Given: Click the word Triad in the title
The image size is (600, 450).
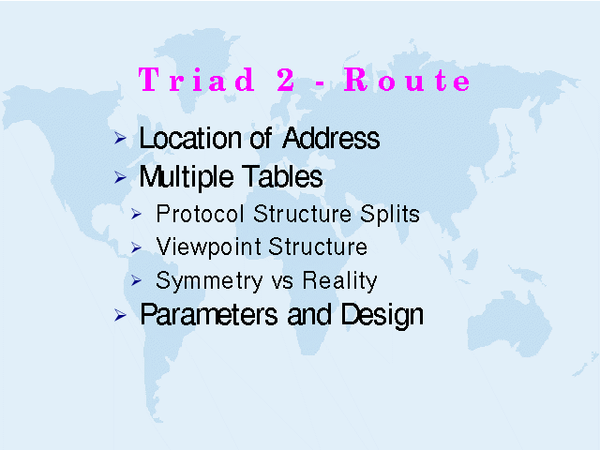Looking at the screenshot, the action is (x=197, y=79).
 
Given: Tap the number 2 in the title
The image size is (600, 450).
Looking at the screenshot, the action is (x=286, y=79).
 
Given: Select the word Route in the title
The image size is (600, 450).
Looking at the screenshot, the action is (x=407, y=79).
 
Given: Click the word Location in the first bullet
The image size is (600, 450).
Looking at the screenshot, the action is (x=190, y=138).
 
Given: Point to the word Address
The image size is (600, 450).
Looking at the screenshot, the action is (x=331, y=138).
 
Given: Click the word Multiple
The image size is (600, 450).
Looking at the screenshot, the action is (x=187, y=177).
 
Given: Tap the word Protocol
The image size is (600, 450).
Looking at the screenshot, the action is (x=200, y=214).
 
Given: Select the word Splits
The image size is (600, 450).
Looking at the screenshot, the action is (x=390, y=215).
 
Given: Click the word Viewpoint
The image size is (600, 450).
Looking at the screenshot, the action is (x=208, y=247).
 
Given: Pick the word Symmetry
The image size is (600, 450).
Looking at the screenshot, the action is (x=209, y=281).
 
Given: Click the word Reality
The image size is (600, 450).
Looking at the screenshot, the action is (x=339, y=281).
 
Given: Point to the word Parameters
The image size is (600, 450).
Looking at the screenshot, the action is (x=209, y=315).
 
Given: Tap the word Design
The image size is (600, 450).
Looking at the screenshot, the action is (x=382, y=315).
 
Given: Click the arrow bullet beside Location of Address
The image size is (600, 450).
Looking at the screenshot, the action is (x=120, y=138).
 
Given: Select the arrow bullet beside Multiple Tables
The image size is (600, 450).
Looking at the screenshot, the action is (x=120, y=177).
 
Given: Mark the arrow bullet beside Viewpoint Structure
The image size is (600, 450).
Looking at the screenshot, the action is (x=136, y=247).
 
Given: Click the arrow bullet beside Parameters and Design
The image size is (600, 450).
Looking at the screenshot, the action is (x=120, y=315).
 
